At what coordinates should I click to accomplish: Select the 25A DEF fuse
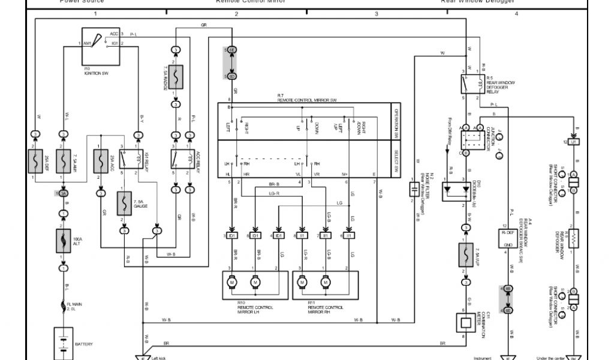[35, 161]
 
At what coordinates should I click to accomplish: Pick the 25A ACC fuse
[100, 160]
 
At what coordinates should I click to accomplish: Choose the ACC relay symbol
[184, 159]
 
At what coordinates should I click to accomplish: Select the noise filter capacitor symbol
[413, 190]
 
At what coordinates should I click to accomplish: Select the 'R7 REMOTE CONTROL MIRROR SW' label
[308, 98]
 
